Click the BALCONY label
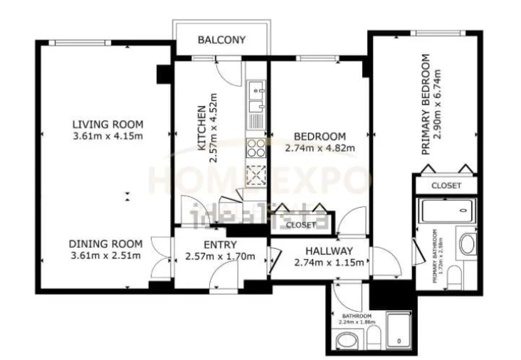coord(221,40)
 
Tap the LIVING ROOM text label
coord(107,123)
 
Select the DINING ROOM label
coord(107,243)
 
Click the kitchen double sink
coord(256,99)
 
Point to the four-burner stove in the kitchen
coord(255,147)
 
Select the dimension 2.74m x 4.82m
coord(319,149)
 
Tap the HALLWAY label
coord(329,250)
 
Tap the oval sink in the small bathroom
coord(347,344)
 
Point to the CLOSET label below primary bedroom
coord(446,186)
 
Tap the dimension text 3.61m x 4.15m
coord(107,136)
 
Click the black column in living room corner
coord(163,73)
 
